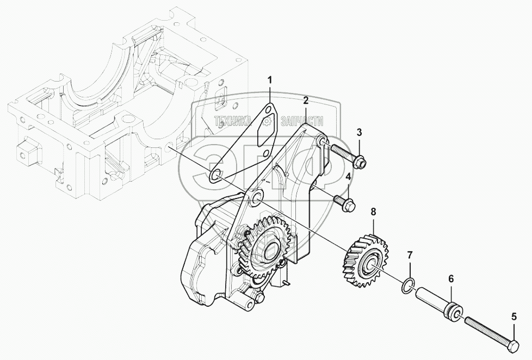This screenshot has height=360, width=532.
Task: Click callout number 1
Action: pyautogui.click(x=270, y=80)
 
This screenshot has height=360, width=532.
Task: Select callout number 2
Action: pyautogui.click(x=306, y=100)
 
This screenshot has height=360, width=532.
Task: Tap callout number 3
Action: pyautogui.click(x=360, y=132)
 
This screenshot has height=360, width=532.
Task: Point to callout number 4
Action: pyautogui.click(x=348, y=177)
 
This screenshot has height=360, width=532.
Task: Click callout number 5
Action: pyautogui.click(x=514, y=317)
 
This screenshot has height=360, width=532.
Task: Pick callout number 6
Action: pyautogui.click(x=451, y=279)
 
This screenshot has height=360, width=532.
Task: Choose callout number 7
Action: pyautogui.click(x=410, y=255)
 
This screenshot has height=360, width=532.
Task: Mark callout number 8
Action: pyautogui.click(x=373, y=212)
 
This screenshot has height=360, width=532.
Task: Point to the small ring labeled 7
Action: pyautogui.click(x=407, y=285)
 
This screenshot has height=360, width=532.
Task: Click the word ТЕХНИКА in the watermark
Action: pyautogui.click(x=233, y=121)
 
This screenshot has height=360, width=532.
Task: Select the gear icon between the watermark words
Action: pyautogui.click(x=267, y=121)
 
